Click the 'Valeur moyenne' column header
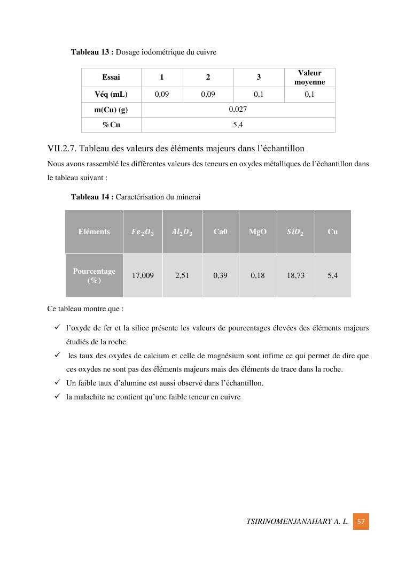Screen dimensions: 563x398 click(x=309, y=78)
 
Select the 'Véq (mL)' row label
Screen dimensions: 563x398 click(x=111, y=95)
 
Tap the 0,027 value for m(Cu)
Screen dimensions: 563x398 click(x=238, y=110)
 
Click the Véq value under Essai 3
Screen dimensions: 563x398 click(x=259, y=95)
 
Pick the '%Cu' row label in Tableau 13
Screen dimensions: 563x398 click(x=111, y=125)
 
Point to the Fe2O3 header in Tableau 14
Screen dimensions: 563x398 click(x=143, y=232)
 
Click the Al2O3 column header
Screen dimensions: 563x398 click(x=182, y=232)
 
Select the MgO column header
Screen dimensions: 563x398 click(x=257, y=232)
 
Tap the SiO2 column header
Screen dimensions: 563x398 click(x=295, y=232)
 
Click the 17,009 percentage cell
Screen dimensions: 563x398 click(x=143, y=275)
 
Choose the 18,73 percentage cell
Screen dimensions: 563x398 click(x=295, y=275)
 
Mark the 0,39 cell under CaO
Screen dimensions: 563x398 click(x=220, y=275)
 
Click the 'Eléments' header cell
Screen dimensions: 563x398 click(x=94, y=232)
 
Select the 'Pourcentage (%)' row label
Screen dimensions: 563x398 click(x=94, y=275)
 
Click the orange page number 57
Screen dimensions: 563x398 click(x=361, y=521)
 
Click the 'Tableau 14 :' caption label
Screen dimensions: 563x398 click(x=92, y=197)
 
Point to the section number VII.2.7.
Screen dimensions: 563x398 click(x=62, y=148)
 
